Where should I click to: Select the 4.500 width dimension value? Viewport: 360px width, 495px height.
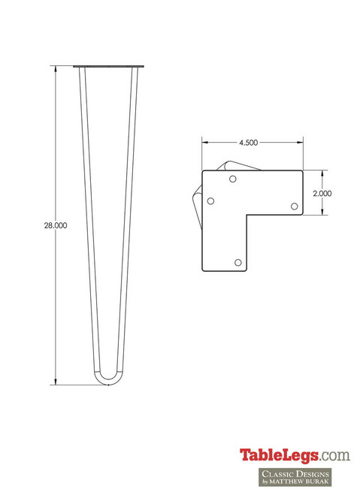[250, 142]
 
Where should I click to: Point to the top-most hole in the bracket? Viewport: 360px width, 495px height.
[233, 180]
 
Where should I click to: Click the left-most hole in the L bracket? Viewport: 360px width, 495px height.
[211, 201]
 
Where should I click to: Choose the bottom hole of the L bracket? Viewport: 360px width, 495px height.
[238, 262]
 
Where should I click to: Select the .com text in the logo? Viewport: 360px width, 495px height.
[334, 454]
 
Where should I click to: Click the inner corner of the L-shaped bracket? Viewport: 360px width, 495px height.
[250, 216]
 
